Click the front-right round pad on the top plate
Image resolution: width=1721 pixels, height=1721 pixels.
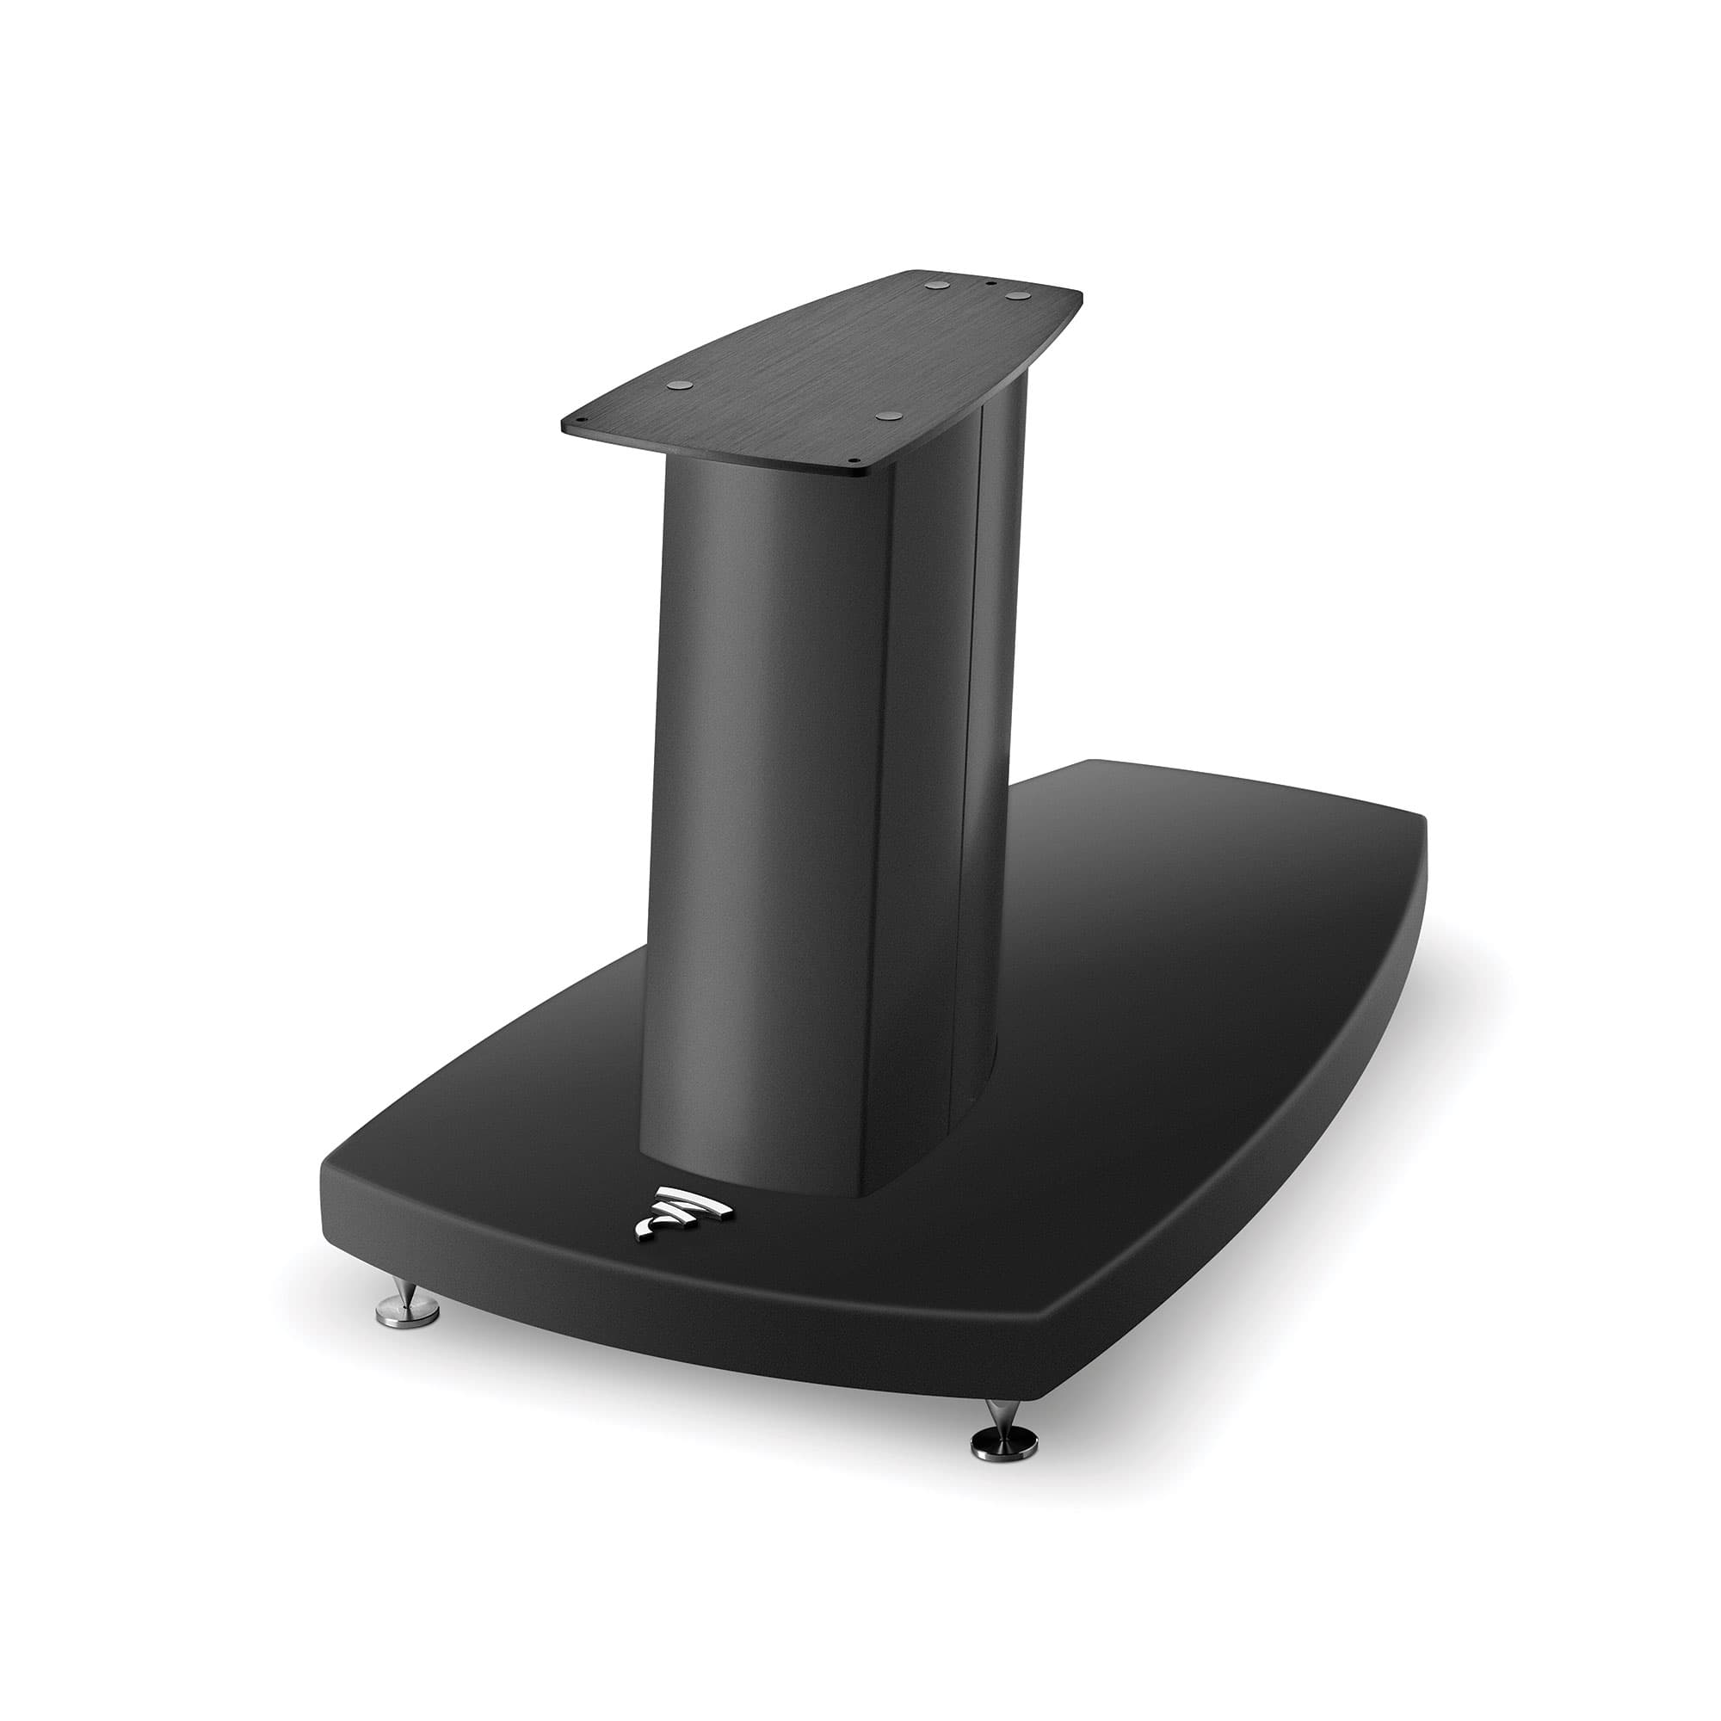(x=885, y=416)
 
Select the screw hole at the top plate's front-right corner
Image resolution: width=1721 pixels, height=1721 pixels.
(x=853, y=461)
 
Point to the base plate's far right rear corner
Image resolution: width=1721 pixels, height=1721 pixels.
(x=1416, y=824)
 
